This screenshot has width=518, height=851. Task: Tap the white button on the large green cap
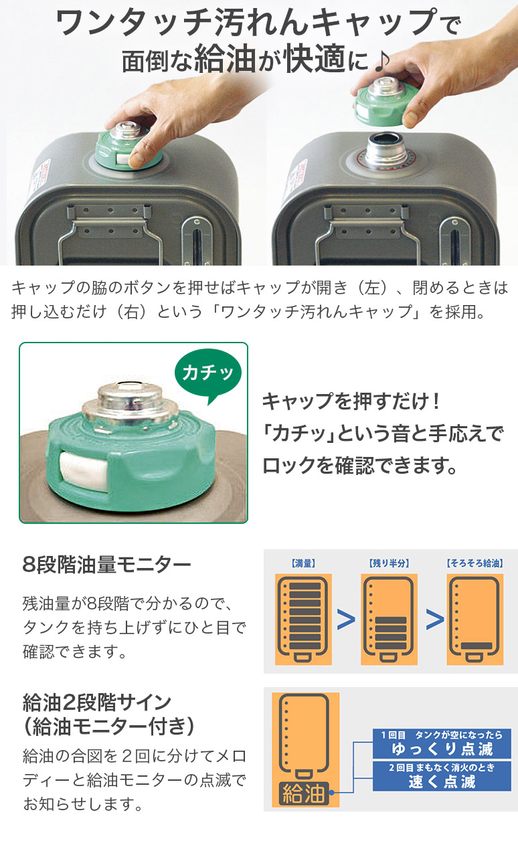pos(81,472)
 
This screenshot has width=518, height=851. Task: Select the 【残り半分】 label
pos(389,563)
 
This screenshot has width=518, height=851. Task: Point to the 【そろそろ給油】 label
pos(474,563)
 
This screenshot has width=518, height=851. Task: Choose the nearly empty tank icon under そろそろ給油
pos(474,620)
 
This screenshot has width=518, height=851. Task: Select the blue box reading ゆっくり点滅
pos(442,743)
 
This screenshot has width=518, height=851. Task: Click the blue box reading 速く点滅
pos(442,776)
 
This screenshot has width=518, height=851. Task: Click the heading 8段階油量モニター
pos(106,565)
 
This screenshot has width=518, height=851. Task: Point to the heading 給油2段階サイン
pos(97,702)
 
